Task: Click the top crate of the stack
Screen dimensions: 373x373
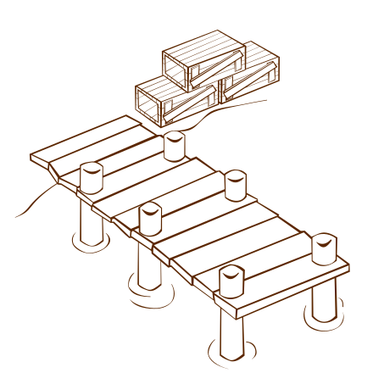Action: tap(203, 59)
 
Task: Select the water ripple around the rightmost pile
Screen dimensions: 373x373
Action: tap(324, 320)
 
